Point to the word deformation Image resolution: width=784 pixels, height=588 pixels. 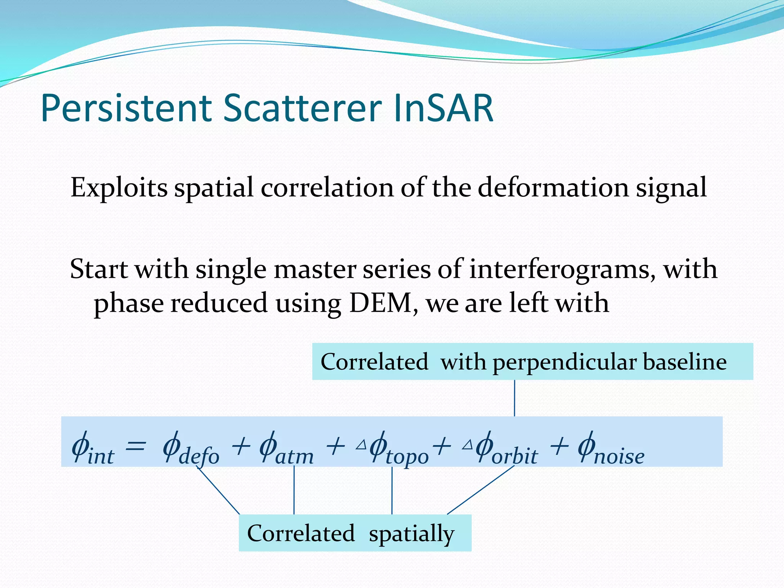coord(553,188)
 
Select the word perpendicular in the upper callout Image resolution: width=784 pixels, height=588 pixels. coord(564,362)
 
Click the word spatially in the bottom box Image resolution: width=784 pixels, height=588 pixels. coord(412,534)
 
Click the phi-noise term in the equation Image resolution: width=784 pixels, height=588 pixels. coord(611,448)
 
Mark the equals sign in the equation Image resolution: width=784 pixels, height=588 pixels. coord(136,446)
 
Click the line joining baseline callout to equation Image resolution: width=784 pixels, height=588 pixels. coord(514,398)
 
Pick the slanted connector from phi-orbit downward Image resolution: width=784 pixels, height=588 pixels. coord(480,490)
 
